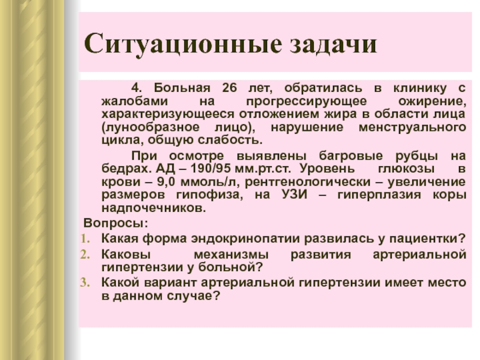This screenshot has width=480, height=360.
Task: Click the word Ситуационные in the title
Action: (183, 44)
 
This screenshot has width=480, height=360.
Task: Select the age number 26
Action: (230, 88)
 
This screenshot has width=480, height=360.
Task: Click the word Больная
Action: (182, 88)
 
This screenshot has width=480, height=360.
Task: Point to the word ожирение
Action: (432, 101)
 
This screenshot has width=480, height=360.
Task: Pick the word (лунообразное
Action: (151, 127)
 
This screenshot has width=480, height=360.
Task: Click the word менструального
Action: (413, 127)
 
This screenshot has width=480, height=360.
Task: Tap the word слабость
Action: (230, 140)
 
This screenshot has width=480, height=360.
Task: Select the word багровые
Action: (351, 156)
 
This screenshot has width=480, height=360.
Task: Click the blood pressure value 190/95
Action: (211, 169)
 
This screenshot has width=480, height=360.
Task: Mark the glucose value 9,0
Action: (166, 182)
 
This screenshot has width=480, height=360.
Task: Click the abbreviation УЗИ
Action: (294, 194)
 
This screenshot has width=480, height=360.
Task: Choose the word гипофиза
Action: (209, 195)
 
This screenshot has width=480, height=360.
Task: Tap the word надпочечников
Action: (154, 208)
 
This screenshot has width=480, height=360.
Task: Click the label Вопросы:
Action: (116, 223)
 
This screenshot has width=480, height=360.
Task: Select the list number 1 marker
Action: (85, 239)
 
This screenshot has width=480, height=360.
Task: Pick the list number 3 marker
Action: (85, 282)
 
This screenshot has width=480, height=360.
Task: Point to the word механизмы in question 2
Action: (231, 254)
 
